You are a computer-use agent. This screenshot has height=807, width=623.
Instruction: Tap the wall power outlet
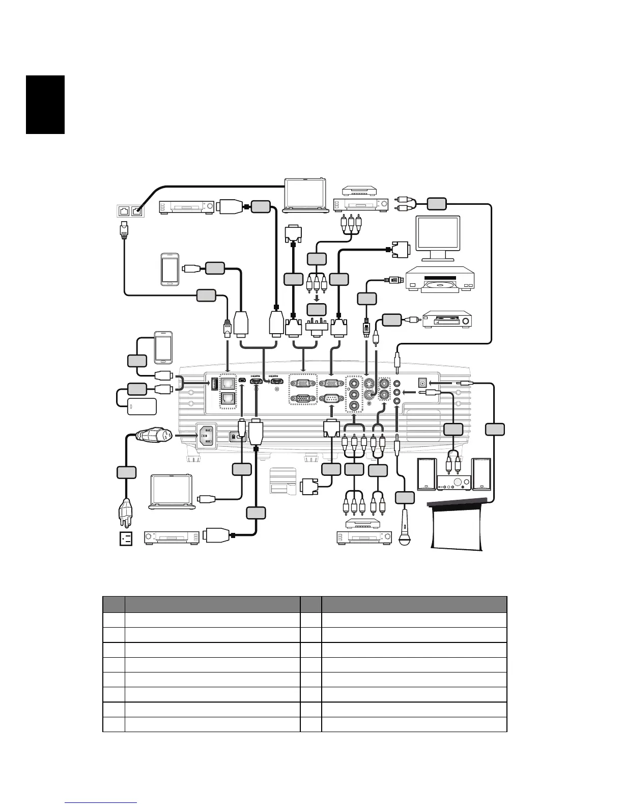point(126,539)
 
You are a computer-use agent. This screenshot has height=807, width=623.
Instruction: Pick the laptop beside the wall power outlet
point(171,491)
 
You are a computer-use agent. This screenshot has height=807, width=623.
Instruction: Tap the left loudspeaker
point(427,474)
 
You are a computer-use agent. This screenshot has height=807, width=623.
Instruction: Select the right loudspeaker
point(482,474)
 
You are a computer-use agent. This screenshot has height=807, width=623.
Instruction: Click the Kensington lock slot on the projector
point(233,437)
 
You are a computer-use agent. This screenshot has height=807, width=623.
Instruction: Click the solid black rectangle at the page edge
point(45,104)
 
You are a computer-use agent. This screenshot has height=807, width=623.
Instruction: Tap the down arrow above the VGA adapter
point(317,297)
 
